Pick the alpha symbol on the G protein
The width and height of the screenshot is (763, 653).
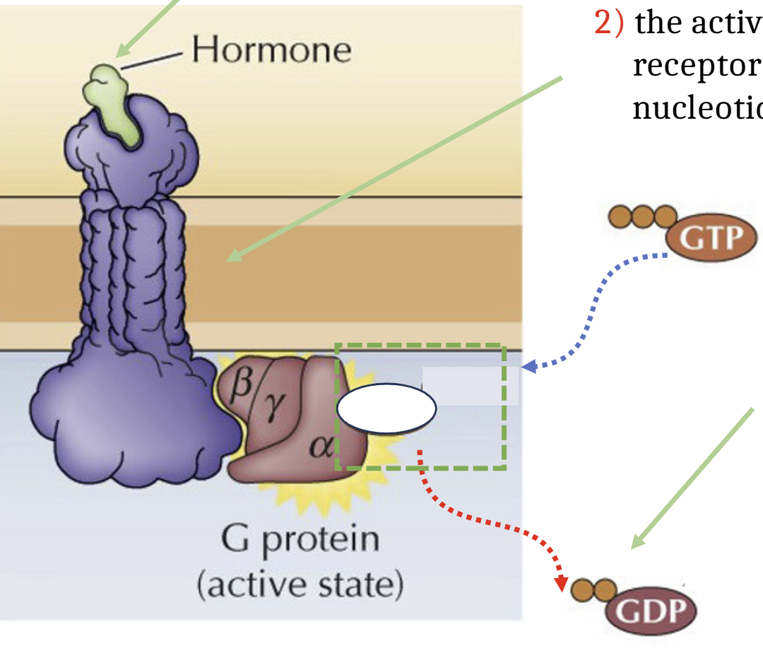[x=321, y=446]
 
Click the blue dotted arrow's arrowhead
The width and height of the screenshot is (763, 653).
[x=531, y=367]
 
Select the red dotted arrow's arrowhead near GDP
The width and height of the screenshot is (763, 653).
[x=561, y=585]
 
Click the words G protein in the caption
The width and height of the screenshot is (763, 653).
[x=300, y=541]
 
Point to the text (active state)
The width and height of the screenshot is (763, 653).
[x=300, y=585]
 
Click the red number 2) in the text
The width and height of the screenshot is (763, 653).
[x=609, y=23]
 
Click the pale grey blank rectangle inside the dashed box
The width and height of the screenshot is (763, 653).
[x=471, y=386]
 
